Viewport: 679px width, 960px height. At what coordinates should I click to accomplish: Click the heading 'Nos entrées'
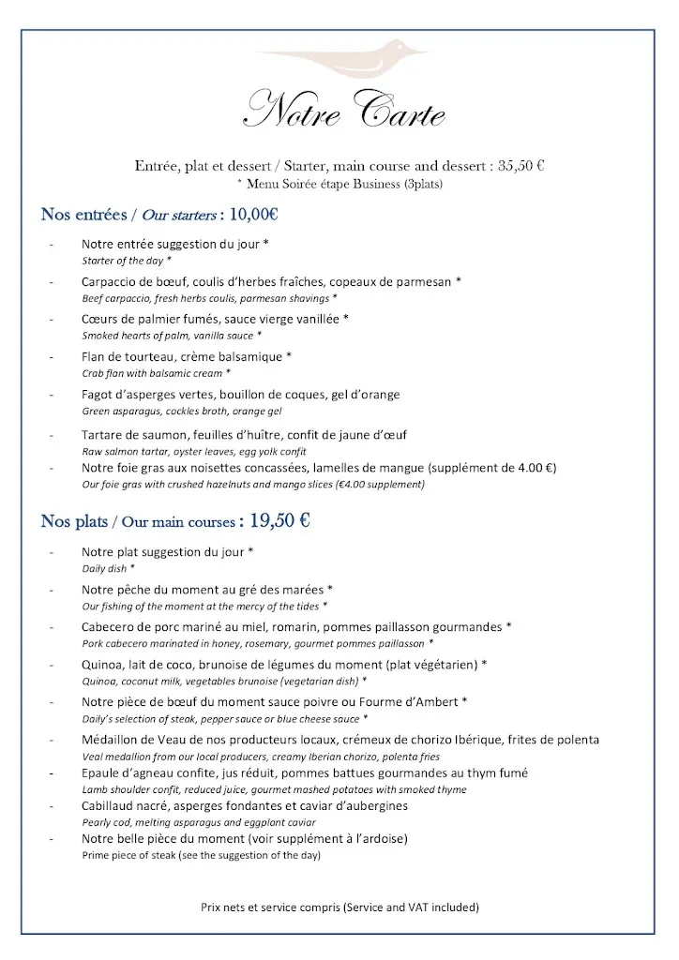(83, 215)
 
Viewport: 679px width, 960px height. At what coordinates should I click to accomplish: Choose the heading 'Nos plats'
(74, 522)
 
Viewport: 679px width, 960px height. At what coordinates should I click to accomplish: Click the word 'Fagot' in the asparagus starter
(98, 395)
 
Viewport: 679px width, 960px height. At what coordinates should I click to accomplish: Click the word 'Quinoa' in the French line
(102, 665)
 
